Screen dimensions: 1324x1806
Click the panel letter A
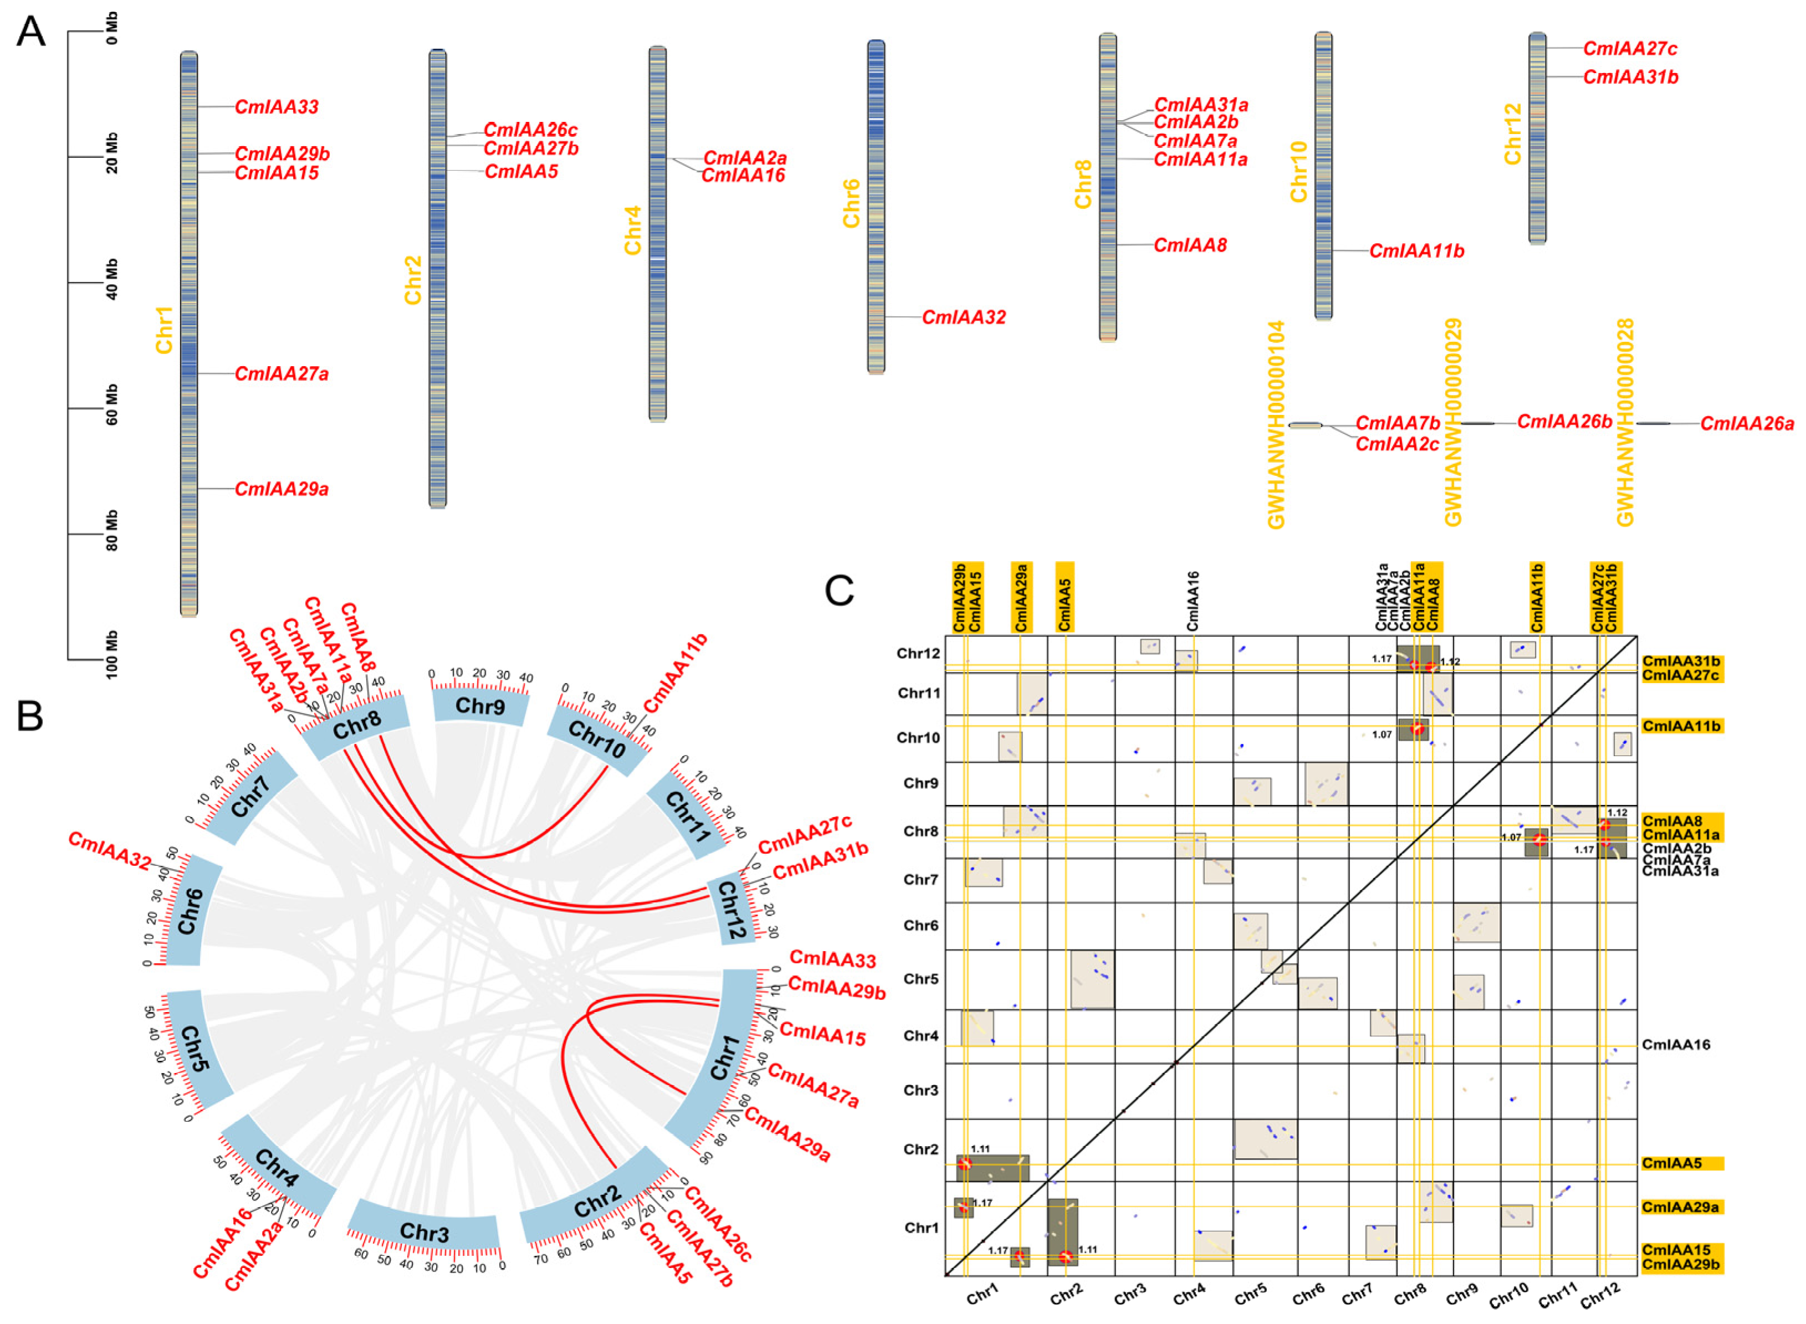click(30, 32)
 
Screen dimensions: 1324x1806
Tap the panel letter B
click(30, 716)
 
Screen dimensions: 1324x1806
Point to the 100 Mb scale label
click(111, 655)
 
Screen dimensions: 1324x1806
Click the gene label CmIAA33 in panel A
click(277, 106)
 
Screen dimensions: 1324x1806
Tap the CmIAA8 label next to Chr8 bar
click(1190, 245)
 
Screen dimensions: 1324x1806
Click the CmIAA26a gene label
click(1747, 423)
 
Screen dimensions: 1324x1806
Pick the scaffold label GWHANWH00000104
click(1276, 425)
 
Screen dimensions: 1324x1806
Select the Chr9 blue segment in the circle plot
click(480, 706)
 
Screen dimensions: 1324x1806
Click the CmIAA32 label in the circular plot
click(110, 850)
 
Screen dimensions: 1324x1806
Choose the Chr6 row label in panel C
click(920, 926)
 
